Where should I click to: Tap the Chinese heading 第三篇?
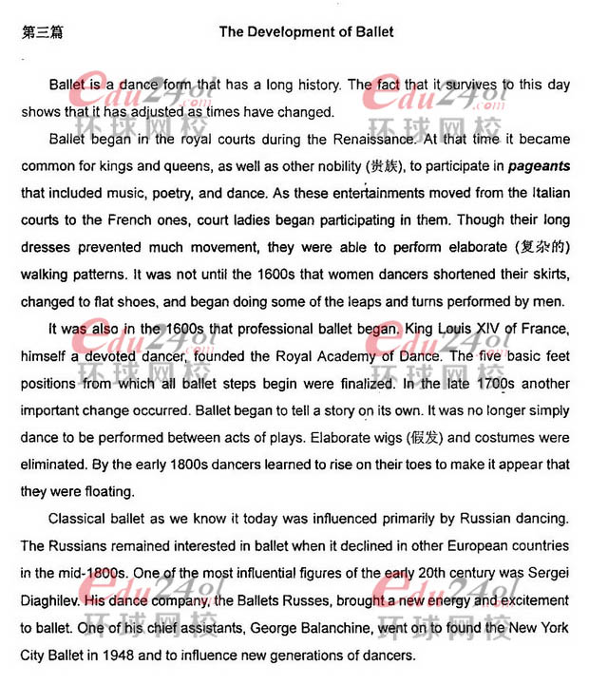click(x=42, y=31)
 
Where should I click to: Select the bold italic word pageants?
click(x=539, y=166)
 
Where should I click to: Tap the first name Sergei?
click(x=548, y=574)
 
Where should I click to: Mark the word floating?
click(x=104, y=492)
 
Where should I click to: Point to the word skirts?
click(x=545, y=275)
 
